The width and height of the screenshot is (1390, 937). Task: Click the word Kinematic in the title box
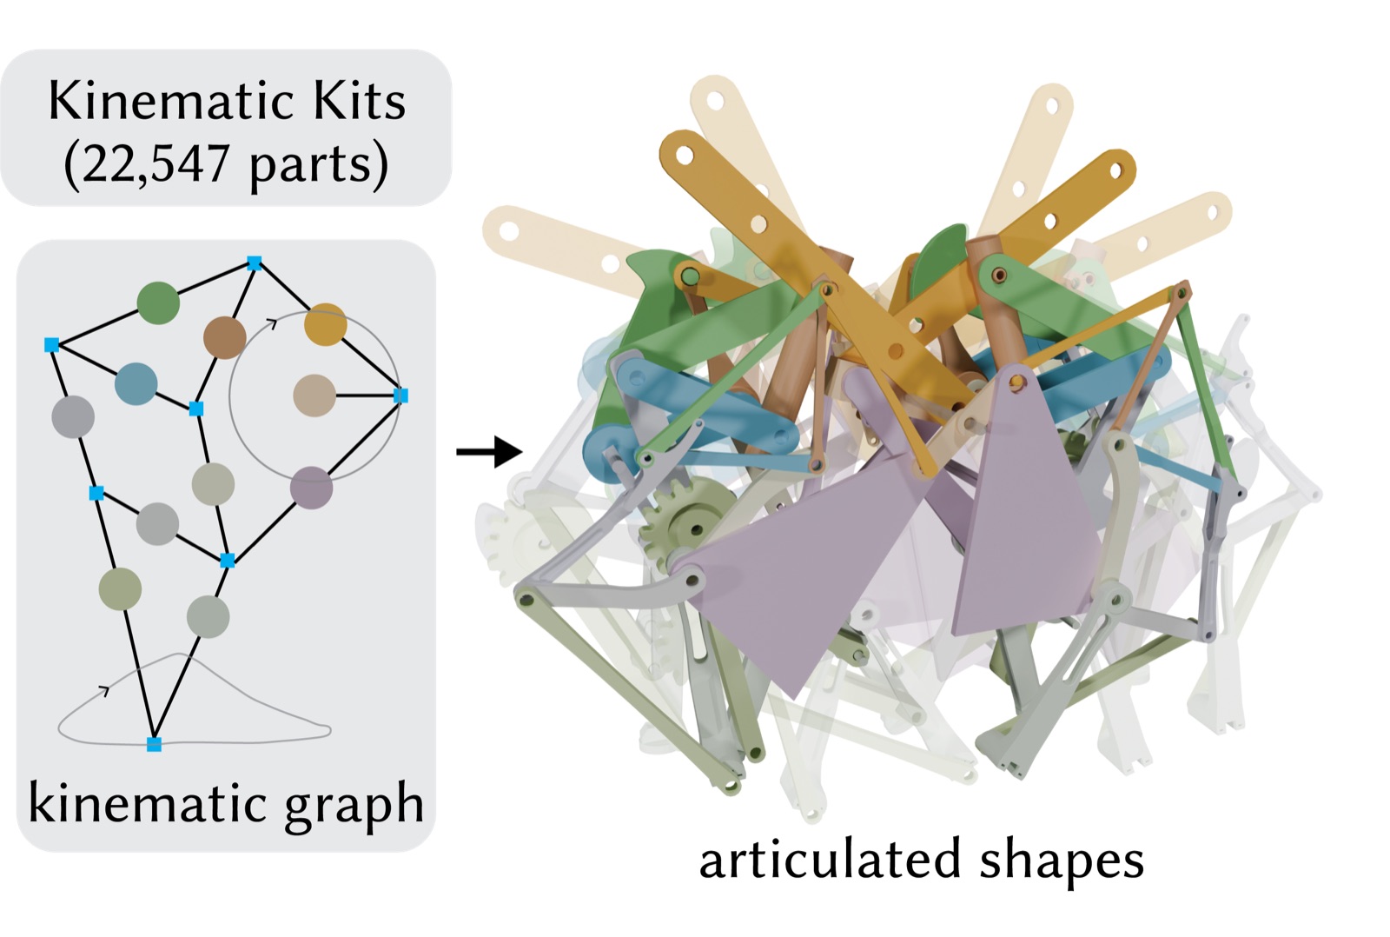tap(165, 101)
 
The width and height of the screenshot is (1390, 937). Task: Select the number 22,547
tap(156, 164)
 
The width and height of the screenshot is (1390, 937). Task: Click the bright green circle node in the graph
tap(158, 302)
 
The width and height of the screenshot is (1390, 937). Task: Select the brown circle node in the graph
tap(225, 337)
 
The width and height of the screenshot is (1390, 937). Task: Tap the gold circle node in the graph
tap(325, 324)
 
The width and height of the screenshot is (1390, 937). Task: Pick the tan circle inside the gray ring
tap(314, 395)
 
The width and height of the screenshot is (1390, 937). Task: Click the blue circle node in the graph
tap(136, 383)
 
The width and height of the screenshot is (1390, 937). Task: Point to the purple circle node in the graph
tap(312, 488)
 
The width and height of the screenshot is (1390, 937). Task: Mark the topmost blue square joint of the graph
tap(254, 263)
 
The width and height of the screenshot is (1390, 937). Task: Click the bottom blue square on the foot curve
tap(154, 743)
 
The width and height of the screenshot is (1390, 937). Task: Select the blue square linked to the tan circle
tap(400, 395)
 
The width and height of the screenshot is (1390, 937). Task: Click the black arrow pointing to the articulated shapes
tap(489, 451)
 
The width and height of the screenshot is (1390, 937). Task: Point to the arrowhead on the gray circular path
tap(271, 322)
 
